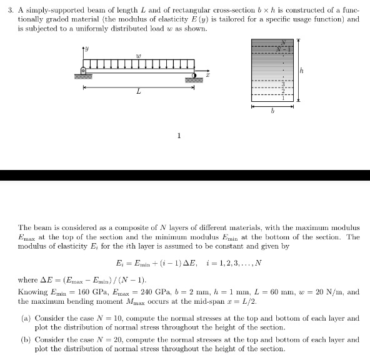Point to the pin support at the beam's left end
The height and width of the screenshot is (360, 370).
coord(83,70)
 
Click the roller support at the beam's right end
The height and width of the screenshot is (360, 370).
coord(194,76)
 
